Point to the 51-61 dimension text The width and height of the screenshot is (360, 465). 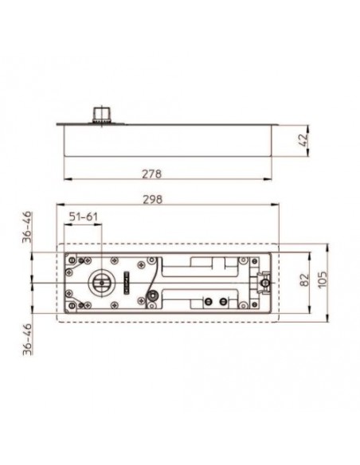click(x=85, y=216)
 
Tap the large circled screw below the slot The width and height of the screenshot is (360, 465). click(x=151, y=296)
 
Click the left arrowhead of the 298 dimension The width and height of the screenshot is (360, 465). click(x=57, y=208)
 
